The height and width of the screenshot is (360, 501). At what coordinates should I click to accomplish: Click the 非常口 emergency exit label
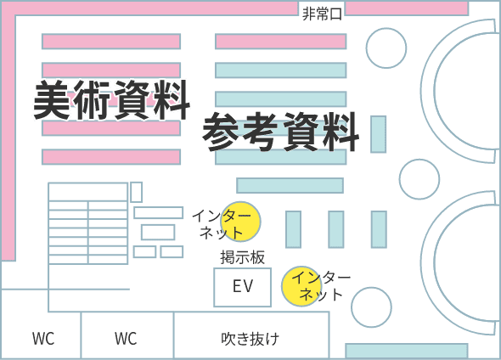click(322, 14)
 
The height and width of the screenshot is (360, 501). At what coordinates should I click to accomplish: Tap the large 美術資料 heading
click(111, 100)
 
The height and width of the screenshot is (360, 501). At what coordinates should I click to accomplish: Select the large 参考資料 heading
click(281, 132)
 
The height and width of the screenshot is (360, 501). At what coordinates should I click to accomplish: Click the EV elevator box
click(243, 287)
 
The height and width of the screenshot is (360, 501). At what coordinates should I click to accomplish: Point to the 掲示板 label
click(243, 257)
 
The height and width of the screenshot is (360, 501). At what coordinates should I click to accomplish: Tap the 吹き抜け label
click(250, 339)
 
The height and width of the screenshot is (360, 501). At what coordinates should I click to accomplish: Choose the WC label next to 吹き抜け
click(126, 339)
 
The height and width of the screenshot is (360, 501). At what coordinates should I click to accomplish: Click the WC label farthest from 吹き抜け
click(43, 339)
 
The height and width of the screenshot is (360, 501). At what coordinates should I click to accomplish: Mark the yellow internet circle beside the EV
click(301, 286)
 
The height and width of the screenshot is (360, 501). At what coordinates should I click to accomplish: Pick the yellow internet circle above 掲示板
click(241, 222)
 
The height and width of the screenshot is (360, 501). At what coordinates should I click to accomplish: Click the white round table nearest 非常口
click(386, 48)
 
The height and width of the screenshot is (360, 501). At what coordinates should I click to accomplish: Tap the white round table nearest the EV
click(371, 307)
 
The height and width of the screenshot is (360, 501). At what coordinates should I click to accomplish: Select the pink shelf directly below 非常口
click(280, 42)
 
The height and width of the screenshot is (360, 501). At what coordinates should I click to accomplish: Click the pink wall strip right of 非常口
click(407, 8)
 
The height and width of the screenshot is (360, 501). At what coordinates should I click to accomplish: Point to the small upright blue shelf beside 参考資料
click(379, 134)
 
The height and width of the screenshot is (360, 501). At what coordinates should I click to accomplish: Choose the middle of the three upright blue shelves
click(335, 229)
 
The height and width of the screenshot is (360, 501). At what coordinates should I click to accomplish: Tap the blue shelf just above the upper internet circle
click(290, 185)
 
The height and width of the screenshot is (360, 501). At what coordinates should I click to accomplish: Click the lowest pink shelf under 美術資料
click(111, 157)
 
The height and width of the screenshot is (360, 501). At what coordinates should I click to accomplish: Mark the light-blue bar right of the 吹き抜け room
click(407, 351)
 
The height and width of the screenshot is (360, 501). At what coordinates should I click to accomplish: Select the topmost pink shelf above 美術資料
click(111, 42)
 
